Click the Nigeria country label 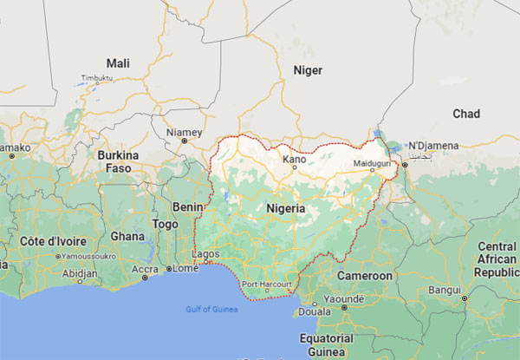pos(286,209)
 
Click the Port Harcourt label pos(263,285)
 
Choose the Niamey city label pos(183,132)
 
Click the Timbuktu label pos(97,78)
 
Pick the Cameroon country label pos(365,275)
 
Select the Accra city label pos(145,268)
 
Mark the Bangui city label pos(444,289)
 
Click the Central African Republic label pos(496,259)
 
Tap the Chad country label pos(466,114)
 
